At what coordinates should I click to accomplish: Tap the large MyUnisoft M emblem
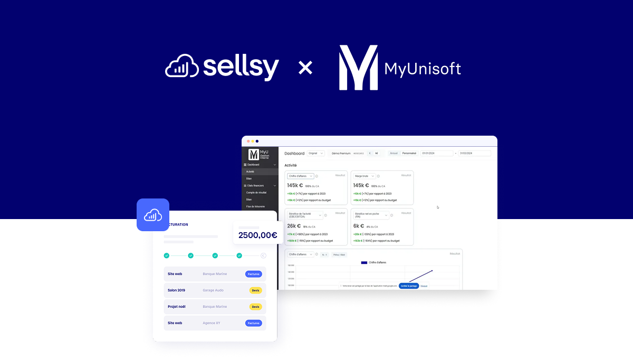tap(358, 68)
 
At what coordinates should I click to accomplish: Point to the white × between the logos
tap(305, 68)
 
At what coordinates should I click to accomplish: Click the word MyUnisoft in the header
tap(423, 69)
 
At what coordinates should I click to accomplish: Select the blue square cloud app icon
tap(153, 215)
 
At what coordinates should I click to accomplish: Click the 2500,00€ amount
tap(257, 235)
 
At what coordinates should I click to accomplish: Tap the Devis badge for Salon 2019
tap(256, 290)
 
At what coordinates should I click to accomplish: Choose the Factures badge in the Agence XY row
tap(253, 323)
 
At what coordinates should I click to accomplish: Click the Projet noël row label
tap(176, 307)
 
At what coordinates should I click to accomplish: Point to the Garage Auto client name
tap(213, 290)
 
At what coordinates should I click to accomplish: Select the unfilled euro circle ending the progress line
tap(263, 255)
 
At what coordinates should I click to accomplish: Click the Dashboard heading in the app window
tap(294, 154)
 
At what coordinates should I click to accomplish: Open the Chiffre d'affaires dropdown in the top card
tap(301, 176)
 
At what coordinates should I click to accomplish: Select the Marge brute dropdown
tap(365, 176)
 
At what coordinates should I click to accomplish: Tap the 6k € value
tap(360, 226)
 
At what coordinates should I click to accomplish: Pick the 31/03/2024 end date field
tap(474, 154)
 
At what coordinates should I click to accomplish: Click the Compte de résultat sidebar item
tap(257, 193)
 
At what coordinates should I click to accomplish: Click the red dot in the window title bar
tap(248, 141)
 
